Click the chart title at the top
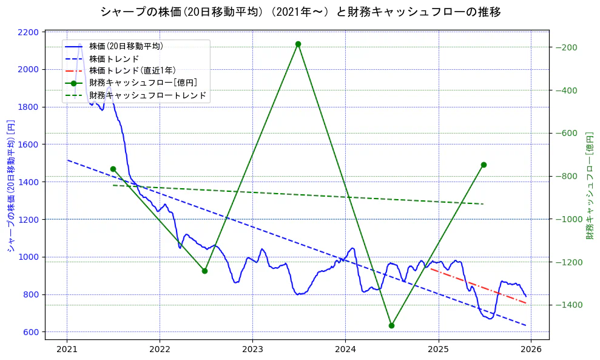click(x=300, y=12)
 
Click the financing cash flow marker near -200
click(x=298, y=44)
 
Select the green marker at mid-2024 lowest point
click(x=391, y=325)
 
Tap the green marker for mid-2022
click(x=204, y=271)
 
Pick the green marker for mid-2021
click(x=113, y=169)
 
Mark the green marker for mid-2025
click(x=484, y=165)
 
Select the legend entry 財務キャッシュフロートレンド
click(x=147, y=95)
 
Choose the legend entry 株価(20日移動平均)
click(x=126, y=46)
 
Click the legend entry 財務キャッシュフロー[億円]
click(x=143, y=83)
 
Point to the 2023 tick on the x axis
click(x=252, y=349)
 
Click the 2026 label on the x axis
click(x=531, y=349)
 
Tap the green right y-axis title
click(x=589, y=186)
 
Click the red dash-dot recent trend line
click(x=479, y=285)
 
